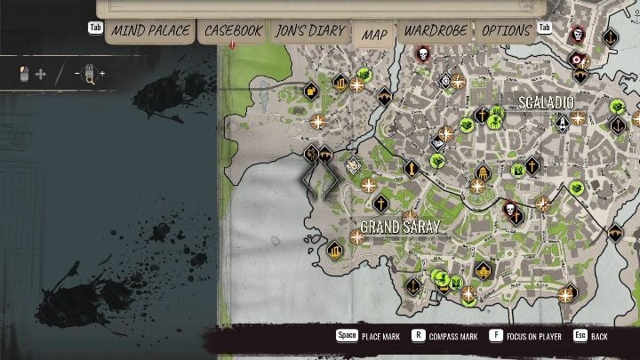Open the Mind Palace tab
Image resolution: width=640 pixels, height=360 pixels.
pyautogui.click(x=150, y=31)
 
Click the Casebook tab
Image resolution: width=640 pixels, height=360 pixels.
pyautogui.click(x=233, y=31)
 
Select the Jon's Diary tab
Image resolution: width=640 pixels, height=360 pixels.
pyautogui.click(x=309, y=31)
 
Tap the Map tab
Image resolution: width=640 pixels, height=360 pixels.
pyautogui.click(x=375, y=34)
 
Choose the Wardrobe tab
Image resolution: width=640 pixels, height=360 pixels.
pyautogui.click(x=436, y=31)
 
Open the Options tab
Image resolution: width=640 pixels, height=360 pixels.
pyautogui.click(x=506, y=31)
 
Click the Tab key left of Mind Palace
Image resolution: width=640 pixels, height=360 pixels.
pyautogui.click(x=95, y=28)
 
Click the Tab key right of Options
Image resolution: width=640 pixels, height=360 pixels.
pyautogui.click(x=546, y=28)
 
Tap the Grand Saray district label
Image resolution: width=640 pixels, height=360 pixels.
pyautogui.click(x=400, y=226)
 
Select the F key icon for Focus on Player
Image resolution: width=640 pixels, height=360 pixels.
pyautogui.click(x=496, y=337)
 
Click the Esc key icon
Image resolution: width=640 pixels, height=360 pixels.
pyautogui.click(x=580, y=337)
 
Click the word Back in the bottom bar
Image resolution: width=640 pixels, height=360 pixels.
pyautogui.click(x=600, y=337)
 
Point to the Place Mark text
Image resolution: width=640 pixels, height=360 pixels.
pyautogui.click(x=381, y=337)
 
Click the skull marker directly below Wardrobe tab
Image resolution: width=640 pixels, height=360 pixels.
pyautogui.click(x=422, y=53)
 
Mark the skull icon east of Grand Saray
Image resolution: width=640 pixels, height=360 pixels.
pyautogui.click(x=511, y=211)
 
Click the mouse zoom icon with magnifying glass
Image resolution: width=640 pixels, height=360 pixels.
pyautogui.click(x=88, y=74)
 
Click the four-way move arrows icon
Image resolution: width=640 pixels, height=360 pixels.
pyautogui.click(x=41, y=74)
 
